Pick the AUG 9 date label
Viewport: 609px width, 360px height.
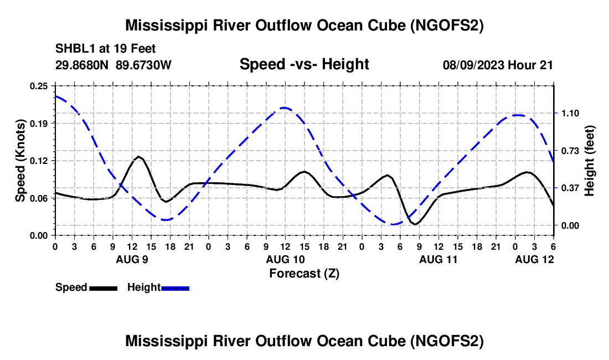tap(132, 259)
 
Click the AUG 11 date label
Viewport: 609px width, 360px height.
tap(438, 259)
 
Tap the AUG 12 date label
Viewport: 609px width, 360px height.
tap(534, 259)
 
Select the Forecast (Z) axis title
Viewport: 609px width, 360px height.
tap(304, 273)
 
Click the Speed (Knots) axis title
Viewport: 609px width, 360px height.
tap(20, 161)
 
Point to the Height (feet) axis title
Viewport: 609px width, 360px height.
tap(590, 161)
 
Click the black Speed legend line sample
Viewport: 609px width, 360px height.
tap(103, 288)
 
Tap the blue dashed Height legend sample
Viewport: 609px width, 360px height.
tap(175, 288)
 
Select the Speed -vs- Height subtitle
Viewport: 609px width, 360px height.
tap(304, 64)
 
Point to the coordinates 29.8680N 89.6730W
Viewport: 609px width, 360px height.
tap(113, 65)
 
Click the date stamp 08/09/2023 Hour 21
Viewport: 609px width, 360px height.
tap(498, 65)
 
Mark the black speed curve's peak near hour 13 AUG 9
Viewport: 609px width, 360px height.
tap(138, 157)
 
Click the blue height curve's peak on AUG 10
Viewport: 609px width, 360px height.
tap(285, 107)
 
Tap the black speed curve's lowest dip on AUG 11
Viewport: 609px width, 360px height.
tap(415, 224)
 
